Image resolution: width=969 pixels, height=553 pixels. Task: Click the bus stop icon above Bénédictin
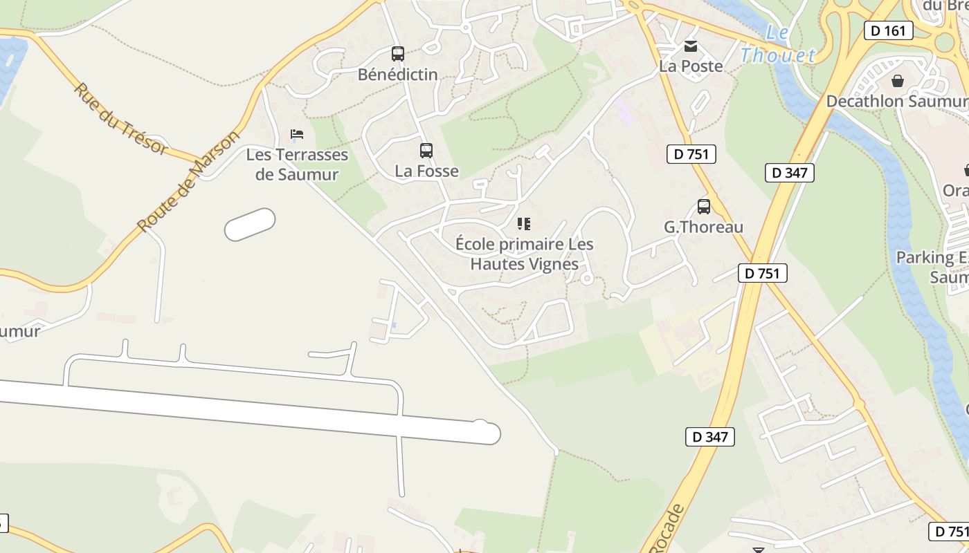[398, 54]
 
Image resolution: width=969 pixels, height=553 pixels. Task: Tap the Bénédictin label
[398, 74]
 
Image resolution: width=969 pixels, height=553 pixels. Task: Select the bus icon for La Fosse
[426, 150]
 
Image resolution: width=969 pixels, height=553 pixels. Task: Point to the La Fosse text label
[426, 171]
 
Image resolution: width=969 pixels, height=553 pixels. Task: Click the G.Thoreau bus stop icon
[704, 207]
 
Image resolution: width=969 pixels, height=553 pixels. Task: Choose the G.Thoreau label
[704, 227]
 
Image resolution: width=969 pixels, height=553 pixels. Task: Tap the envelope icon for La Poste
[691, 46]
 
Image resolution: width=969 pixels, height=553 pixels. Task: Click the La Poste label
[691, 66]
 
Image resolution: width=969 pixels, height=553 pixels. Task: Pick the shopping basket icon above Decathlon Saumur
[898, 82]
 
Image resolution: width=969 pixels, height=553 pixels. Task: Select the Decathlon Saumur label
[897, 102]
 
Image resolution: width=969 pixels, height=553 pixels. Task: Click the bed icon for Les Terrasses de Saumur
[297, 134]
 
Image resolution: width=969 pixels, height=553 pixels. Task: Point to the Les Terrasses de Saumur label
[297, 165]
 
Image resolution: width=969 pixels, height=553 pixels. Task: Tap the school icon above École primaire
[524, 223]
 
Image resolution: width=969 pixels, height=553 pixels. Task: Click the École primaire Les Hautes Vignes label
[524, 254]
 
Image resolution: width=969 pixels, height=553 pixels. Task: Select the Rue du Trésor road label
[121, 119]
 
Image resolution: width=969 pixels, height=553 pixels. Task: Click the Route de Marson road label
[188, 181]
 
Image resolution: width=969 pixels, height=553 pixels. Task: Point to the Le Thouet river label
[778, 45]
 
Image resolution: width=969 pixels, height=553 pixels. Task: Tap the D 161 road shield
[889, 30]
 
